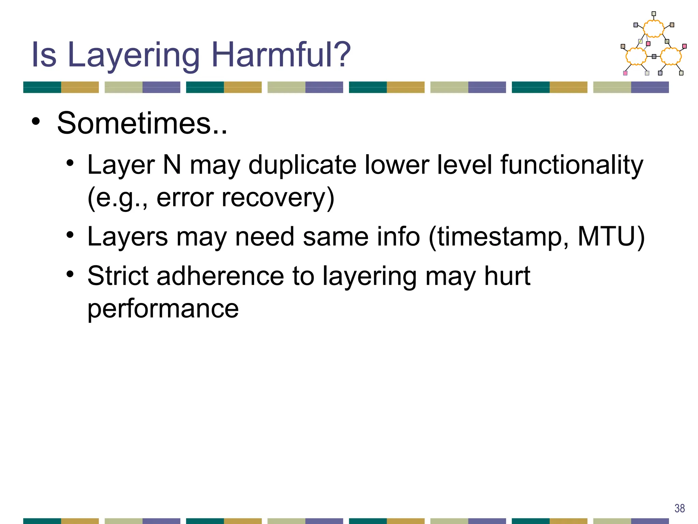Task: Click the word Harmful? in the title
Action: [x=281, y=55]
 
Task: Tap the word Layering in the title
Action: [x=133, y=55]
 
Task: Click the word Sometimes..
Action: [x=142, y=123]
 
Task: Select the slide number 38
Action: [x=680, y=508]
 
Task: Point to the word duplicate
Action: [x=302, y=165]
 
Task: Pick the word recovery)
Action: [x=278, y=198]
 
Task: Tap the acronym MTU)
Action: [x=611, y=236]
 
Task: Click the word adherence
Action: [x=220, y=276]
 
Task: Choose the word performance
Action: [x=163, y=308]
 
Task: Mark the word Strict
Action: [x=118, y=276]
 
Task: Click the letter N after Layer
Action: [x=172, y=165]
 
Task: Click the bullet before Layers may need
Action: [x=70, y=235]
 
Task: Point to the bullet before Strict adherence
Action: [x=70, y=274]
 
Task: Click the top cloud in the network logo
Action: [x=653, y=29]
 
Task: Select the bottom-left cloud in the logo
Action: [x=636, y=56]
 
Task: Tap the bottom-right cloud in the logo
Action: [x=671, y=56]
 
